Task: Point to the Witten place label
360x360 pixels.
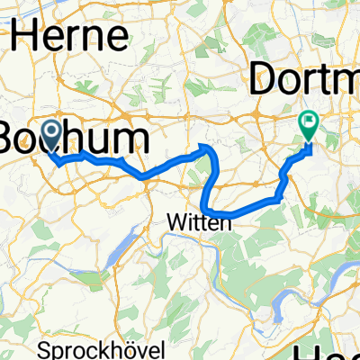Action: [x=199, y=221]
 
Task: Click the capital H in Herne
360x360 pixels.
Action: [x=27, y=38]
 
